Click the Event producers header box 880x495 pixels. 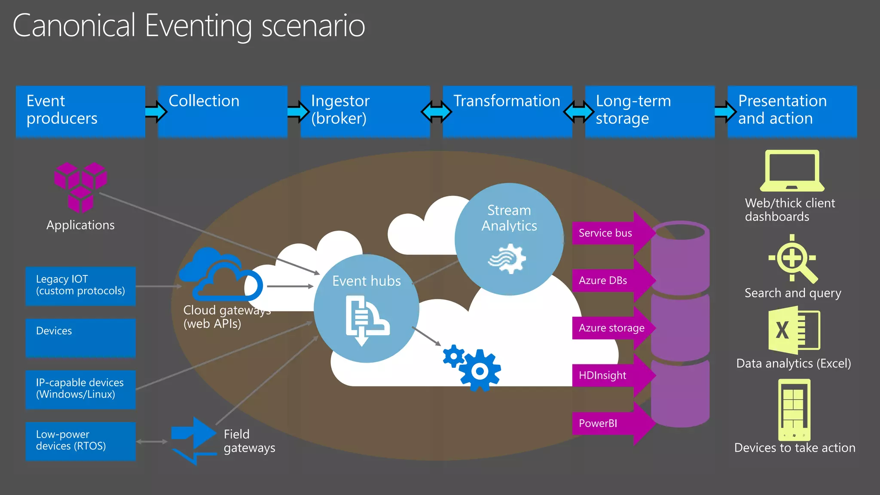point(80,111)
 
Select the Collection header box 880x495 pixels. point(223,111)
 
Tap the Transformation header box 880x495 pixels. point(507,111)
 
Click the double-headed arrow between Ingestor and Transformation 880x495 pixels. point(436,112)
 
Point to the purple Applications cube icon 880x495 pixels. point(80,187)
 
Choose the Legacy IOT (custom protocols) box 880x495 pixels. point(80,286)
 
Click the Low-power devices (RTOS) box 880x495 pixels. point(80,441)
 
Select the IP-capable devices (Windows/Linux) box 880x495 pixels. point(80,389)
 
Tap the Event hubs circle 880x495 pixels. point(366,309)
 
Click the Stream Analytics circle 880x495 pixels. point(509,239)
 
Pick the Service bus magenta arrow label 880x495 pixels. point(610,233)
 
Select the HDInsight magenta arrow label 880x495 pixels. point(610,376)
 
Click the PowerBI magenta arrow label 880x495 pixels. point(610,423)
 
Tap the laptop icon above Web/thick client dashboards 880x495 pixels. point(792,171)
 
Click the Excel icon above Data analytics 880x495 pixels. point(794,330)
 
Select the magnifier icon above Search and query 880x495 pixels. point(793,259)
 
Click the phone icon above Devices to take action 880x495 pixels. point(794,409)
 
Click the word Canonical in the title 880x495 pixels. point(74,26)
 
